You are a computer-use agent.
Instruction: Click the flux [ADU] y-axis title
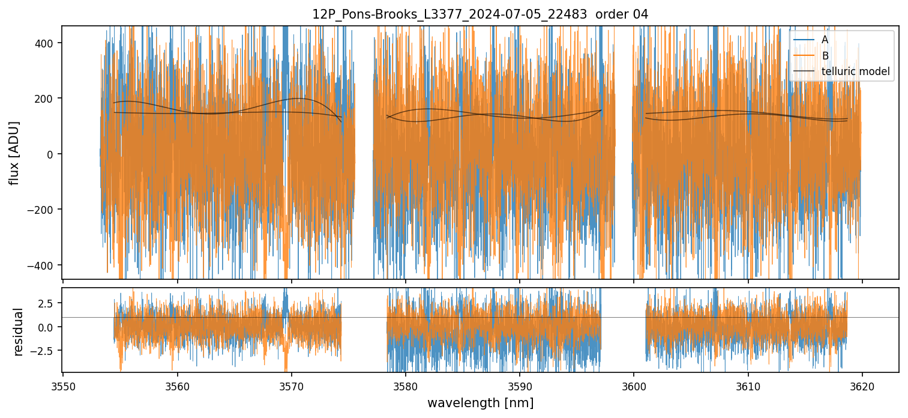coord(14,153)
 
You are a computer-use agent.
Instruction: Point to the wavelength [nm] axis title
coord(480,402)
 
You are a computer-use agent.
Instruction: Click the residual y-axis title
coord(18,332)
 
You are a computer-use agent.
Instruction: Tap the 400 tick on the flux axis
coord(49,43)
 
